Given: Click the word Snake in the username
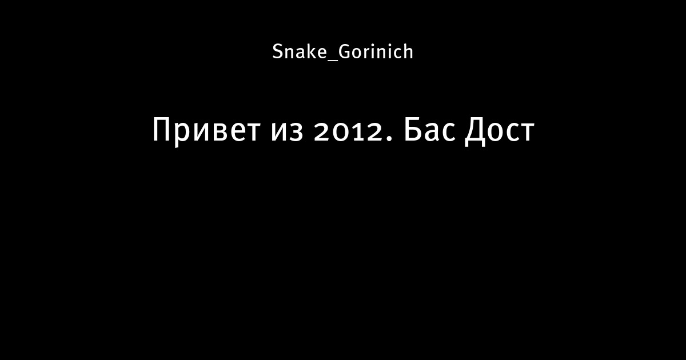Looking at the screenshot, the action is [x=300, y=51].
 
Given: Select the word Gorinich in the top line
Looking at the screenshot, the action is [x=376, y=51].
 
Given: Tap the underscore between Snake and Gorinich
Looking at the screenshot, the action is [x=333, y=61].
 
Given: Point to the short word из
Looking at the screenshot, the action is [x=287, y=131].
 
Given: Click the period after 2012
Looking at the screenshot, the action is [x=389, y=138].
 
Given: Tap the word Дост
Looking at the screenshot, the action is [x=500, y=131].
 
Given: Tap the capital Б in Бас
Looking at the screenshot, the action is [x=413, y=130].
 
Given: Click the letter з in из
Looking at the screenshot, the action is [x=296, y=131].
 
